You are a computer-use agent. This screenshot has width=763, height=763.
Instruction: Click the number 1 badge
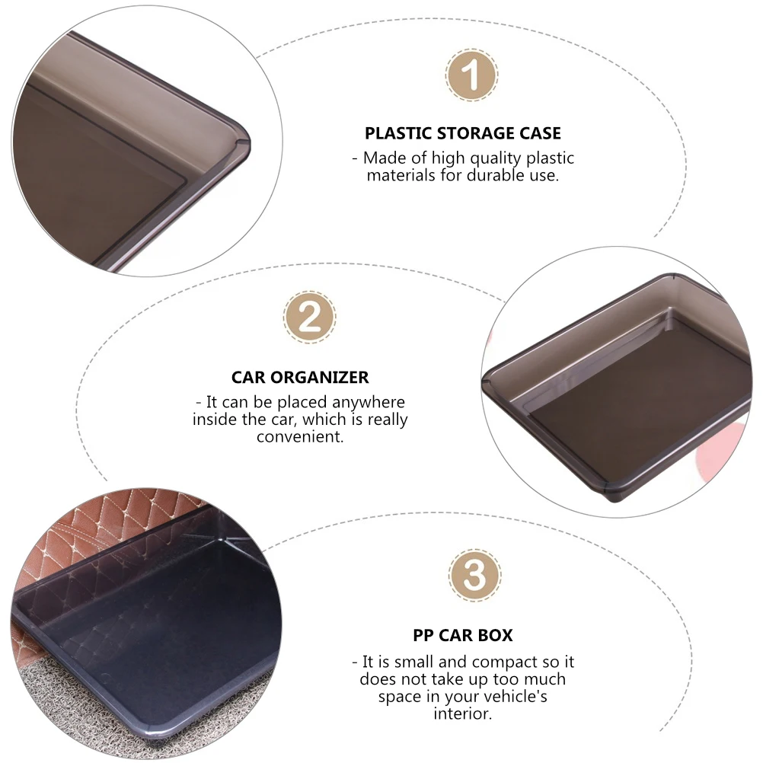pyautogui.click(x=471, y=75)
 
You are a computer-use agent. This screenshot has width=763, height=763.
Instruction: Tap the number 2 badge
pyautogui.click(x=309, y=318)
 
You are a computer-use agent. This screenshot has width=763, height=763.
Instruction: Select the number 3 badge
pyautogui.click(x=474, y=575)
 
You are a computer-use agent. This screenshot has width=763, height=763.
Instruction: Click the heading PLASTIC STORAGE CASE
pyautogui.click(x=463, y=133)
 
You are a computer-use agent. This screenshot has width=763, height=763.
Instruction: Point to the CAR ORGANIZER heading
pyautogui.click(x=300, y=378)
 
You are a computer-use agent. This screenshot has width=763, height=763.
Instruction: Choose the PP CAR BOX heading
pyautogui.click(x=463, y=636)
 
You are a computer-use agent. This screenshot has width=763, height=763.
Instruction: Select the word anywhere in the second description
pyautogui.click(x=369, y=402)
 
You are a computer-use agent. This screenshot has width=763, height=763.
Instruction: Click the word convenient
pyautogui.click(x=300, y=436)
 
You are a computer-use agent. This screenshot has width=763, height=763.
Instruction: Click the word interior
pyautogui.click(x=462, y=714)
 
